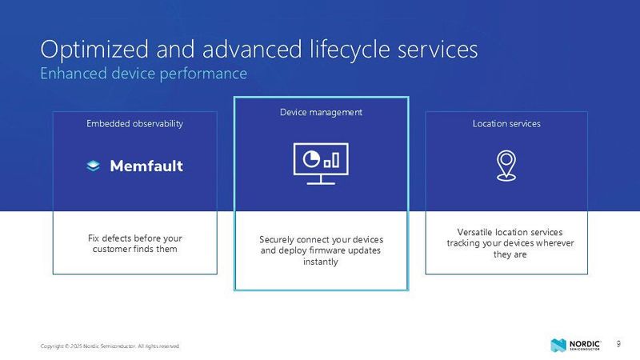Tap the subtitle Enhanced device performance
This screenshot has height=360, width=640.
coord(143,74)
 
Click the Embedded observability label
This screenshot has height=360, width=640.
coord(134,124)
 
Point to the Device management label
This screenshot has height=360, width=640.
coord(321,113)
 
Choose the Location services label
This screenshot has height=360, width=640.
coord(506,124)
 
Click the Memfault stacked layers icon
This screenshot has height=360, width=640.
coord(93,166)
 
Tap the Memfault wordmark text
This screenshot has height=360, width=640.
coord(146,166)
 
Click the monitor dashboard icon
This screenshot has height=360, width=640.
coord(321,162)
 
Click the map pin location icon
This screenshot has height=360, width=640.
coord(505,166)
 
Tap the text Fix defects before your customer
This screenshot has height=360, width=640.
coord(134,244)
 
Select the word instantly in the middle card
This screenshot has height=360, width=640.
coord(321,262)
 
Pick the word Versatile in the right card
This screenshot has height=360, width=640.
coord(466,233)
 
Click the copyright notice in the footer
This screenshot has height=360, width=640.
coord(110,346)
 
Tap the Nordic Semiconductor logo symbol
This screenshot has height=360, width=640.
coord(558,345)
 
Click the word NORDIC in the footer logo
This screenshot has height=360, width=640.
coord(584,342)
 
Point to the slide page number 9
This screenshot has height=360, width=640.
coord(618,344)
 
